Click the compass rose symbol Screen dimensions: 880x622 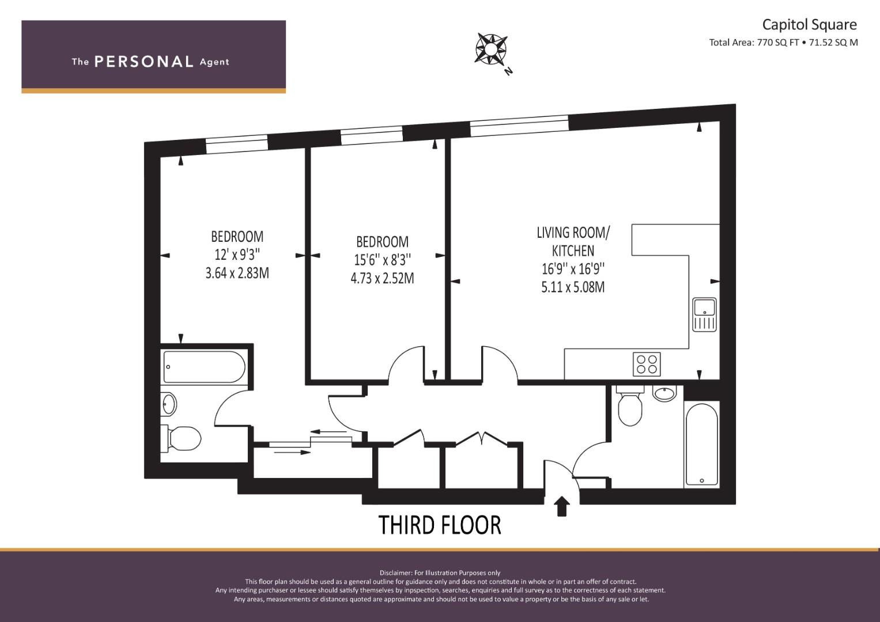pos(491,49)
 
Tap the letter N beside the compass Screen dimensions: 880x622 pos(509,71)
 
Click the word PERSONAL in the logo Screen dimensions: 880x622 pos(144,62)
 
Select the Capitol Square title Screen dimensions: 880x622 pos(809,25)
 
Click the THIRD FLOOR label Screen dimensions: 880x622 pos(440,525)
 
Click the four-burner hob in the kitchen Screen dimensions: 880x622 pos(647,364)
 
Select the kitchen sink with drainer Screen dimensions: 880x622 pos(704,314)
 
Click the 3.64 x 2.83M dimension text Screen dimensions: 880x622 pos(237,273)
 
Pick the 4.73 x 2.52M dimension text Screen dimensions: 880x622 pos(382,278)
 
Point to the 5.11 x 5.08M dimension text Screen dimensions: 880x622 pos(573,287)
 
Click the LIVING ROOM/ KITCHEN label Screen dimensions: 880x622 pos(573,241)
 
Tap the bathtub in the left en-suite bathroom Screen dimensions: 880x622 pos(204,367)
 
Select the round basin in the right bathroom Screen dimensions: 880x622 pos(664,393)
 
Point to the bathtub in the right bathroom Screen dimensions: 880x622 pos(702,445)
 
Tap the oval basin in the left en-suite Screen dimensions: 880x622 pos(169,404)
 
